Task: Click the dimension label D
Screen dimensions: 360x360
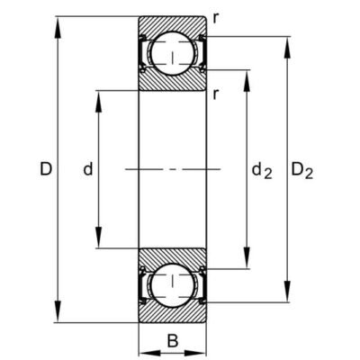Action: pos(46,169)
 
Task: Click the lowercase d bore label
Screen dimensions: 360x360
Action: pos(88,169)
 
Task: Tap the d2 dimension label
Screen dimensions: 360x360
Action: pos(262,171)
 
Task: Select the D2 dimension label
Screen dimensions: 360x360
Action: pos(302,171)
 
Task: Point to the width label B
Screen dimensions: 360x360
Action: pos(173,341)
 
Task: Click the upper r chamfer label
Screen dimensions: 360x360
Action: pos(215,19)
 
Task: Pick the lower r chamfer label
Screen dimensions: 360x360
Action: pos(215,94)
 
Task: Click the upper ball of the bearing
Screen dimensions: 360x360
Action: pos(172,53)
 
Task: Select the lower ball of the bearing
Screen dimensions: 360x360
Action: pos(172,285)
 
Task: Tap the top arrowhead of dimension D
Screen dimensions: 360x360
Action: pos(58,27)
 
